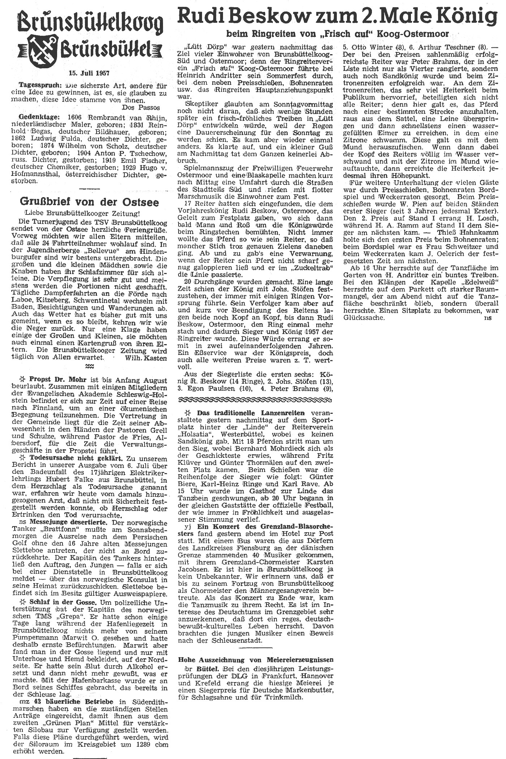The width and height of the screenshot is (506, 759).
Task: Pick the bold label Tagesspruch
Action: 35,86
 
